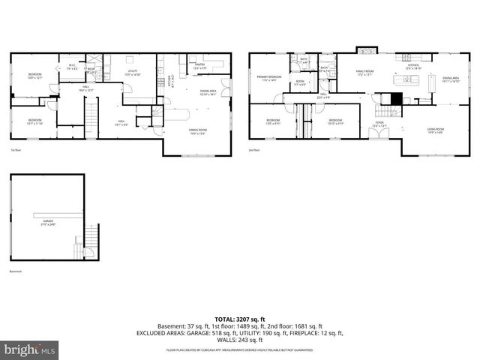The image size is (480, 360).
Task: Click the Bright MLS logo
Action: (30, 349)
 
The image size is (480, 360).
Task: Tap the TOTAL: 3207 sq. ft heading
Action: (239, 319)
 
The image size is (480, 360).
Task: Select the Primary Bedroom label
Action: (270, 78)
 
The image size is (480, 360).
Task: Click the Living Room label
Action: (436, 130)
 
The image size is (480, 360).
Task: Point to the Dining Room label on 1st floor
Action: (199, 130)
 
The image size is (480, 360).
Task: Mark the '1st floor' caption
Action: (16, 151)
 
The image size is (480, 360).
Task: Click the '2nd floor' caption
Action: (256, 151)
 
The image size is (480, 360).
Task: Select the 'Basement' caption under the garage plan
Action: (16, 271)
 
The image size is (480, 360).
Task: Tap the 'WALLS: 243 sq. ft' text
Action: (239, 340)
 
